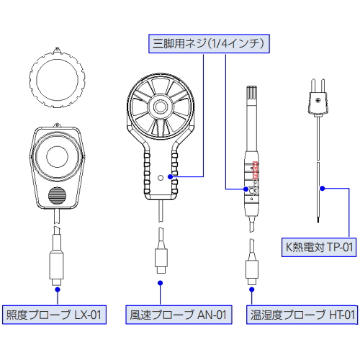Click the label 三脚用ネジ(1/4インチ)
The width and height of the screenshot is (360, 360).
[x=209, y=44]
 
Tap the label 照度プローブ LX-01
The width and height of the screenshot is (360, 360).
[x=54, y=315]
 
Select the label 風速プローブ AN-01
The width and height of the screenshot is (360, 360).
[x=179, y=315]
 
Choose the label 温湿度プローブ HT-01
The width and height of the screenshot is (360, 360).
[x=302, y=315]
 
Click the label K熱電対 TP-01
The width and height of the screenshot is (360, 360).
[x=319, y=247]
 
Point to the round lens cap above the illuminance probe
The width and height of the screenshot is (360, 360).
[x=57, y=78]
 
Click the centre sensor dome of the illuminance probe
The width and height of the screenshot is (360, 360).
[x=57, y=156]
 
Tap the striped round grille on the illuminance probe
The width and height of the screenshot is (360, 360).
[x=57, y=196]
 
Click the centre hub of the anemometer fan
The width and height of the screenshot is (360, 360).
[x=160, y=106]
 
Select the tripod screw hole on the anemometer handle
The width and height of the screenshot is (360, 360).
[x=161, y=178]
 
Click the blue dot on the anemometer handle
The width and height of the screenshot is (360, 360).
[x=171, y=176]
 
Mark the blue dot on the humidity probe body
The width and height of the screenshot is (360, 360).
[x=246, y=189]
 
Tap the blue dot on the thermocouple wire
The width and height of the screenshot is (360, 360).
[x=323, y=189]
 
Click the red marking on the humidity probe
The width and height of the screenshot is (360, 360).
[x=256, y=171]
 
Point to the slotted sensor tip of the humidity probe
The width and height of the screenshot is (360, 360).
[x=251, y=93]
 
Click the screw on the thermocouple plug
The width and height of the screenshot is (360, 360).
[x=318, y=101]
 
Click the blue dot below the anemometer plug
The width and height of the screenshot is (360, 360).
[x=161, y=283]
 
